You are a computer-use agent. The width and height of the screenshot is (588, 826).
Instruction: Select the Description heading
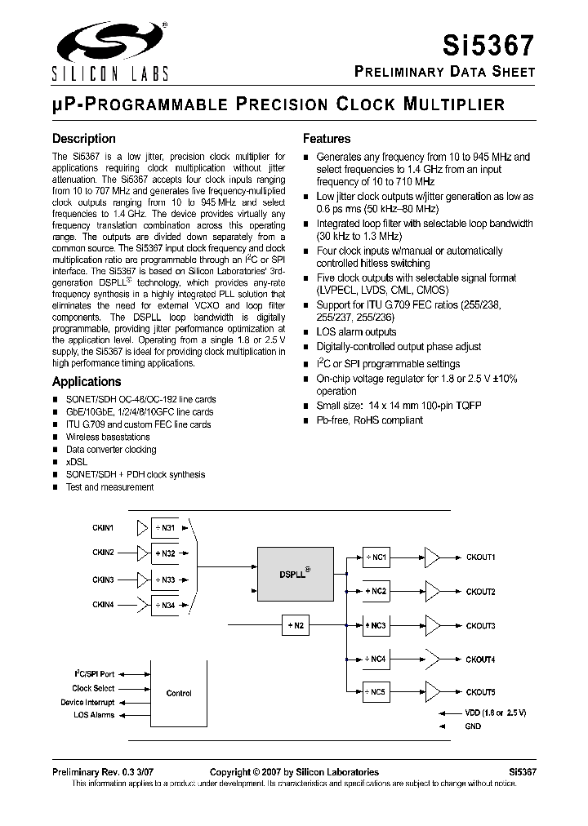[84, 139]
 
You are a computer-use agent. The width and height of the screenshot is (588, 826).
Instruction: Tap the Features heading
[327, 139]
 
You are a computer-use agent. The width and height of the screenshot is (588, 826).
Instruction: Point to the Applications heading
[87, 381]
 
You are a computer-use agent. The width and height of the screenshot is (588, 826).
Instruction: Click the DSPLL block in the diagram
[294, 572]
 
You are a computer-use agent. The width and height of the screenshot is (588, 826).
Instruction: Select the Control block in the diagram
[179, 693]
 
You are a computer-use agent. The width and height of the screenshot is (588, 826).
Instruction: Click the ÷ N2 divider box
[296, 626]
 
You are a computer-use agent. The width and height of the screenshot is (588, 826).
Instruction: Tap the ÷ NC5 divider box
[376, 692]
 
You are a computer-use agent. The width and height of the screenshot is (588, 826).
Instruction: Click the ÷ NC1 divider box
[376, 557]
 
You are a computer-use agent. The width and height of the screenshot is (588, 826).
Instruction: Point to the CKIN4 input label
[103, 604]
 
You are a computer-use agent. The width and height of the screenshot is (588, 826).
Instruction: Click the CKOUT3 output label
[480, 625]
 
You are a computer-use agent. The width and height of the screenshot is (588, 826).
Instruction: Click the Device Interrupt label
[87, 702]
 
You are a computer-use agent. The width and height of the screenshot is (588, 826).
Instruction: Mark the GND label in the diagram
[472, 726]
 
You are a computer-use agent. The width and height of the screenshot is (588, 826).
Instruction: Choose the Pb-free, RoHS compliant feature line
[369, 420]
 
